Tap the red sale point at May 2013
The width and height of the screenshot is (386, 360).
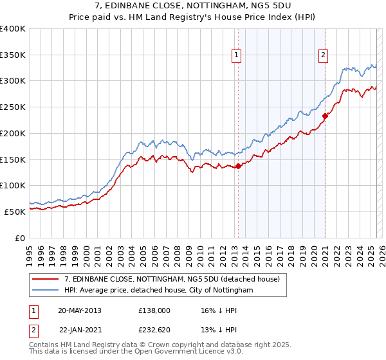(x=238, y=166)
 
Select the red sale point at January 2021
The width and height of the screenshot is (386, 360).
(x=326, y=116)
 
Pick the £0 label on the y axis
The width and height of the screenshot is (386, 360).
(x=21, y=238)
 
